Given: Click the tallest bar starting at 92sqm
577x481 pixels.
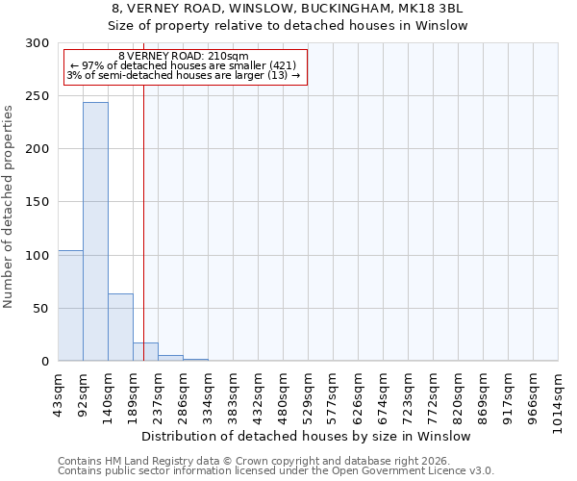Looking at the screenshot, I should point(95,231).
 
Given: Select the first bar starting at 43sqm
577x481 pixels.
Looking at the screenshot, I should point(70,305).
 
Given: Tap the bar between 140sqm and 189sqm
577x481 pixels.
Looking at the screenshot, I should point(120,327).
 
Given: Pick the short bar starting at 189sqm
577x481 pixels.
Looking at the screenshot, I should point(145,352).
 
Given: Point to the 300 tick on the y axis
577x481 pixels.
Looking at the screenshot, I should point(38,43).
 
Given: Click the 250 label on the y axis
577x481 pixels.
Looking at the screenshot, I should point(38,96).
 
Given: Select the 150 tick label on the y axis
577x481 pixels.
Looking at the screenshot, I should point(38,202).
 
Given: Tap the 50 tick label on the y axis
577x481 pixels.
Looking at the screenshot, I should point(42,309).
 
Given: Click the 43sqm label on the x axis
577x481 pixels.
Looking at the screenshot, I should point(59,393).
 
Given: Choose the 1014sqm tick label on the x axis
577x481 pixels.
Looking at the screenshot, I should point(559,398).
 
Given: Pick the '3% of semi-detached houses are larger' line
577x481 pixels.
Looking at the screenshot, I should point(184,75).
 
